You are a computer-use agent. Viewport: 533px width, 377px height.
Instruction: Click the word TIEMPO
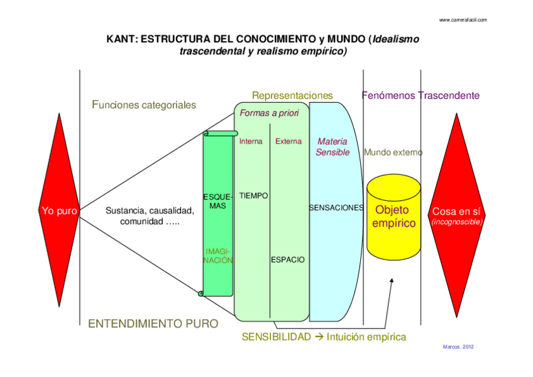254,196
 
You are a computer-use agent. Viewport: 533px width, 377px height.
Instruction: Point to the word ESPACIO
288,259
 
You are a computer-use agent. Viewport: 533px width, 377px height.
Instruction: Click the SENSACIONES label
336,207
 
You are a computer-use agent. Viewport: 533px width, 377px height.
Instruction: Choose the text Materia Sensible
332,147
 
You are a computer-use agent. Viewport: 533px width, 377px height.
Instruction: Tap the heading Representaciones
292,96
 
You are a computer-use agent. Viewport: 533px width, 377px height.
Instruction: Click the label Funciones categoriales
144,105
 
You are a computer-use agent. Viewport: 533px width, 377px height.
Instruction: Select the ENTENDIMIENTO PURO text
153,324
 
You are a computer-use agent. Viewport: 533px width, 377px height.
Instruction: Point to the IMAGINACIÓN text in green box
218,256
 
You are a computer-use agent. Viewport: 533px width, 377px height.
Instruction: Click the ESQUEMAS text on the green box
218,201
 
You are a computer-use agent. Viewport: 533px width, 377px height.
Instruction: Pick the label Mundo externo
393,152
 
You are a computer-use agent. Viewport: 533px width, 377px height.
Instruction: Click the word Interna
251,142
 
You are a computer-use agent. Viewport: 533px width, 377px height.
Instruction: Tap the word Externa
288,142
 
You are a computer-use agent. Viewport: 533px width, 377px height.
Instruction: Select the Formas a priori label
269,113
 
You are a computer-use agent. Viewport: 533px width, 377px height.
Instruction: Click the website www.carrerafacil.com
463,20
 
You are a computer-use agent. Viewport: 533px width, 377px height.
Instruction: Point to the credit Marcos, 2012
458,347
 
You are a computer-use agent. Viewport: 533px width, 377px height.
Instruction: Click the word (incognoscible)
457,222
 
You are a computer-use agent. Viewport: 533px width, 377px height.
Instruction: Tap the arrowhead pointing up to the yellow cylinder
392,279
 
